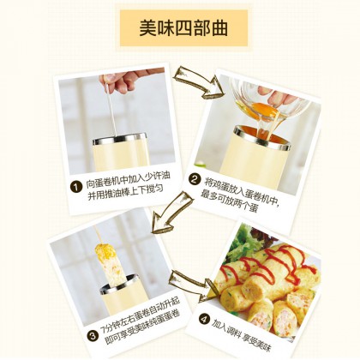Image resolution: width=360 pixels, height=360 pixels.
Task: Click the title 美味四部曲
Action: [x=183, y=28]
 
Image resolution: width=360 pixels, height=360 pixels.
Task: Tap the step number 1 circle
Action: [x=75, y=188]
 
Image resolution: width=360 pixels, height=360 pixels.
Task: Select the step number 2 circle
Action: [x=194, y=179]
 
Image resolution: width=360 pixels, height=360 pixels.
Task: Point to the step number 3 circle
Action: [x=93, y=336]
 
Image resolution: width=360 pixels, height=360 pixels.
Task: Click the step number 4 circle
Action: [x=202, y=319]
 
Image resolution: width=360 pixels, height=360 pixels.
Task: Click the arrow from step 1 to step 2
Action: [x=198, y=82]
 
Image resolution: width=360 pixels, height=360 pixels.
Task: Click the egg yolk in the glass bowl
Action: [x=263, y=109]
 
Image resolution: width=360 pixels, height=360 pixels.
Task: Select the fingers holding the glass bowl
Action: [x=277, y=95]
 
